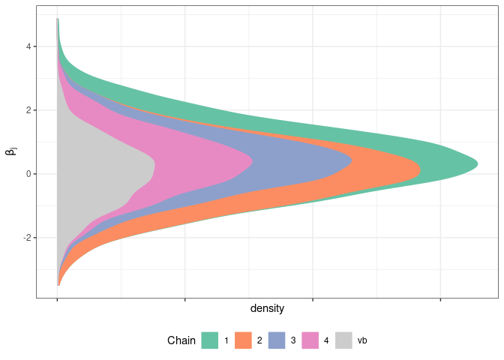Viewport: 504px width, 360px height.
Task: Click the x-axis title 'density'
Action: click(x=267, y=308)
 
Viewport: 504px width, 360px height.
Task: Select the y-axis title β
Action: click(x=11, y=152)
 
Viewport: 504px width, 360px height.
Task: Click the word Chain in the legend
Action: click(x=181, y=340)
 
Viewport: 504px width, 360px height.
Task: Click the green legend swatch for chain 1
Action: click(x=210, y=340)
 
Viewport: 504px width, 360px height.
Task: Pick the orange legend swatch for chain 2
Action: click(x=243, y=340)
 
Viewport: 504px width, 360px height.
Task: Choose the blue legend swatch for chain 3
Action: click(x=277, y=340)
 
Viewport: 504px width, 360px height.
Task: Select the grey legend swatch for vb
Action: click(x=343, y=340)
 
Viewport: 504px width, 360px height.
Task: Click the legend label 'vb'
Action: click(x=362, y=340)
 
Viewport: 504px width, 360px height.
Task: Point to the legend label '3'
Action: click(x=293, y=340)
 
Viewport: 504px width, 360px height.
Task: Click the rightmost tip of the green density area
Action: click(x=477, y=164)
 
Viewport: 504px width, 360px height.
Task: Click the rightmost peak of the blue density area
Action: click(x=352, y=160)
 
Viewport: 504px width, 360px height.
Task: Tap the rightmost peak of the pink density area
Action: click(x=252, y=160)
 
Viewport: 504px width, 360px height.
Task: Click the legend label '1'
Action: click(x=226, y=340)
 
